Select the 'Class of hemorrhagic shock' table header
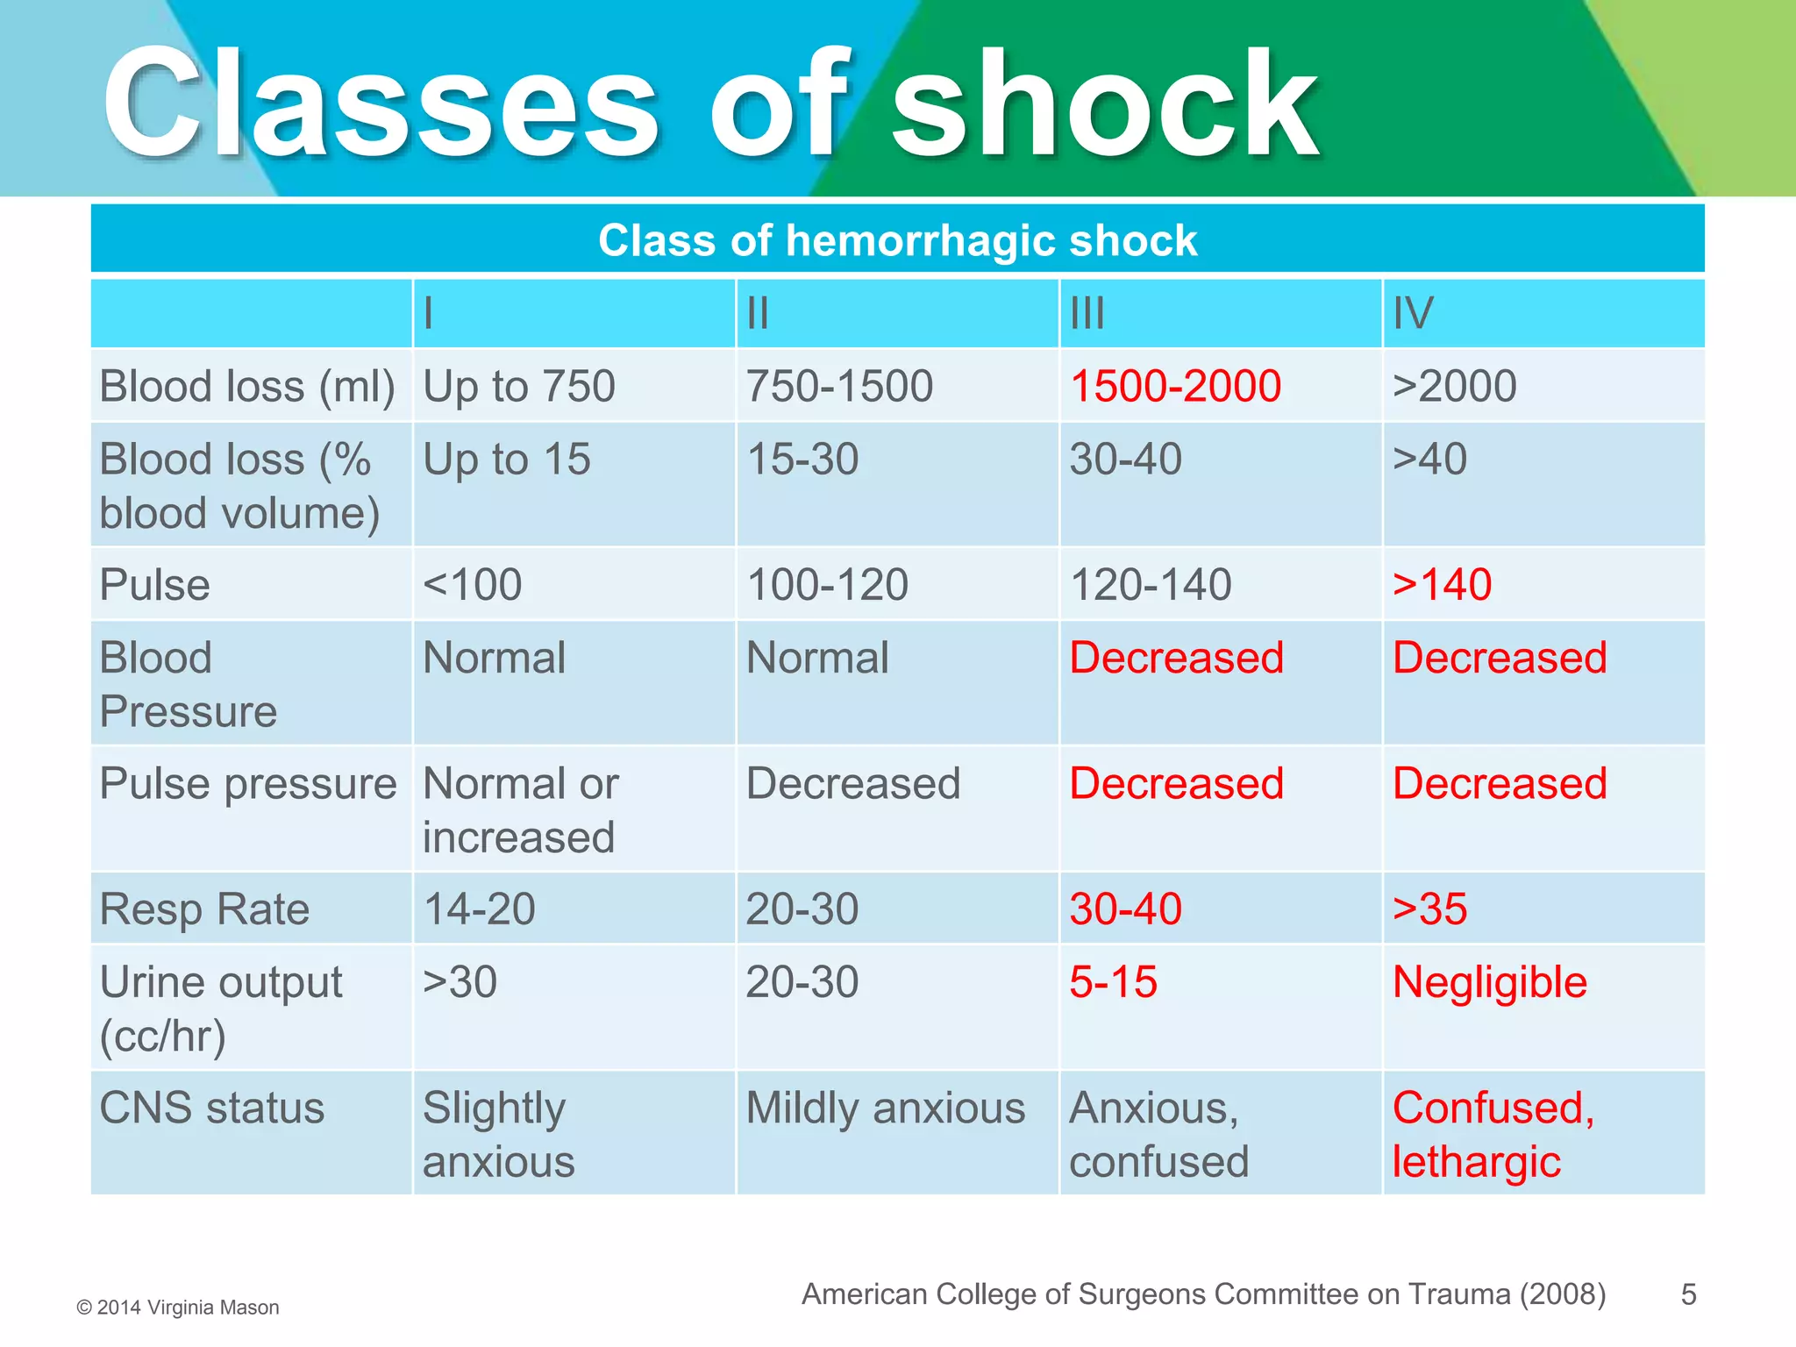click(897, 240)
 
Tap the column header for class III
click(1087, 313)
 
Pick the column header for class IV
click(1413, 313)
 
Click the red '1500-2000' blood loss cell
click(1175, 386)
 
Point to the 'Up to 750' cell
click(519, 386)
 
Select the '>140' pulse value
click(1442, 584)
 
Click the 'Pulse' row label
click(155, 584)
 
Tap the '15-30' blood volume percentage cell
click(802, 459)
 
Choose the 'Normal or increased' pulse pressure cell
click(521, 809)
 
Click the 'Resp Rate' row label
click(204, 909)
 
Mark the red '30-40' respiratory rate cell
click(1125, 909)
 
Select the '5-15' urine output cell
click(1113, 981)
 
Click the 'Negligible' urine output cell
click(1489, 981)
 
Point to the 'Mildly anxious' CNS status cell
click(885, 1108)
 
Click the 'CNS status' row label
click(212, 1108)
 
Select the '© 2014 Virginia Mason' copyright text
click(178, 1308)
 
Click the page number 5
click(1688, 1294)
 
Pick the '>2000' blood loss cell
click(1454, 386)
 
